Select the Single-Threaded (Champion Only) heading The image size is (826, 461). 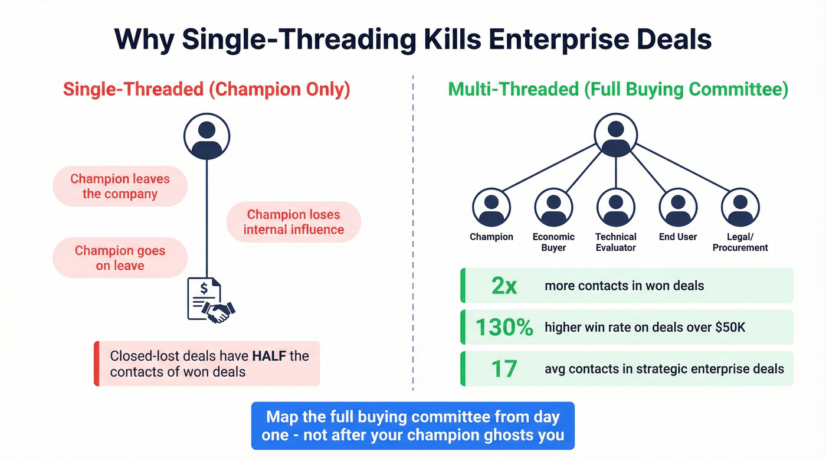point(206,90)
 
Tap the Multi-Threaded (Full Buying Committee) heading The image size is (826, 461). point(618,90)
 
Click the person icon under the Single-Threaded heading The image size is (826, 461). point(206,136)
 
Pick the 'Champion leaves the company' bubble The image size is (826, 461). point(120,186)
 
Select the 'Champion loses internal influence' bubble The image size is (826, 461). point(293,222)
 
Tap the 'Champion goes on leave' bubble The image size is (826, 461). point(120,258)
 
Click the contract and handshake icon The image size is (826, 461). point(210,300)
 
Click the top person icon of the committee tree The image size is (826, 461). point(615,135)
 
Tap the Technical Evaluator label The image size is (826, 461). point(615,242)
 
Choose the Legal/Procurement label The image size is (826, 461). point(740,242)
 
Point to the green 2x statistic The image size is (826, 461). point(504,286)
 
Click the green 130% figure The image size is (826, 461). point(504,327)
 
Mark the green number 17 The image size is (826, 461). point(504,369)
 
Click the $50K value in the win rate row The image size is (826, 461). point(730,327)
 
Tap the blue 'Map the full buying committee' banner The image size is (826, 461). point(412,426)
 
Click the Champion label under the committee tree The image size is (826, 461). point(491,237)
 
